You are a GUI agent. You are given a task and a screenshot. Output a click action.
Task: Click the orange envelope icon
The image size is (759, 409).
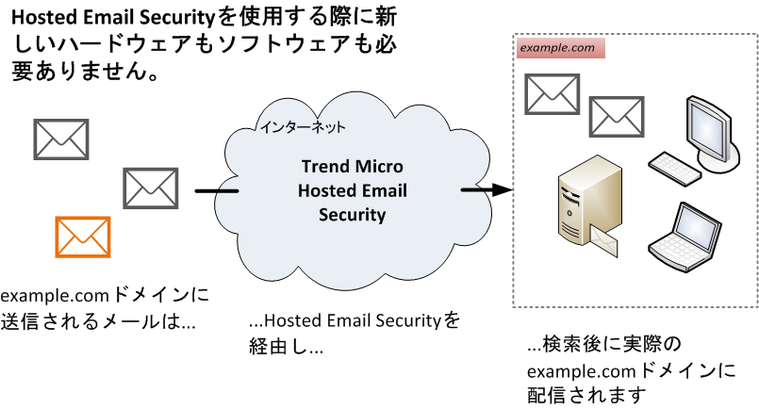pyautogui.click(x=83, y=237)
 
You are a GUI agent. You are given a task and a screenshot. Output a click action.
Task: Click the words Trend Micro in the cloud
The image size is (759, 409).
pyautogui.click(x=339, y=167)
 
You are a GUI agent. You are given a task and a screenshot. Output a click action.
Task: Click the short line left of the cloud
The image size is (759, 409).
pyautogui.click(x=215, y=192)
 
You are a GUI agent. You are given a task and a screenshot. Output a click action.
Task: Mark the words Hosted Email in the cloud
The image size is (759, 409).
pyautogui.click(x=353, y=190)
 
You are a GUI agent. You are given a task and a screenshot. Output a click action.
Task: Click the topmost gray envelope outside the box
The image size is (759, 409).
pyautogui.click(x=60, y=139)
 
